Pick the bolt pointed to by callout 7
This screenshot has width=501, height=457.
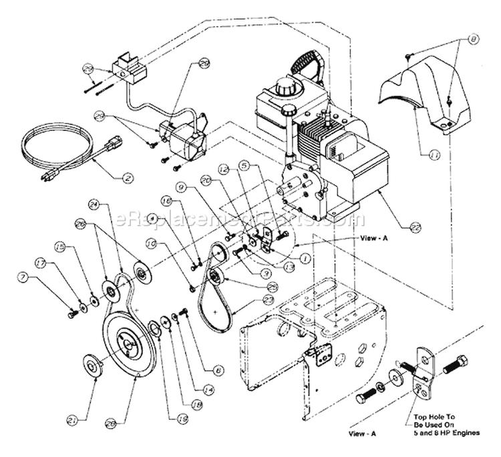coord(70,313)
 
